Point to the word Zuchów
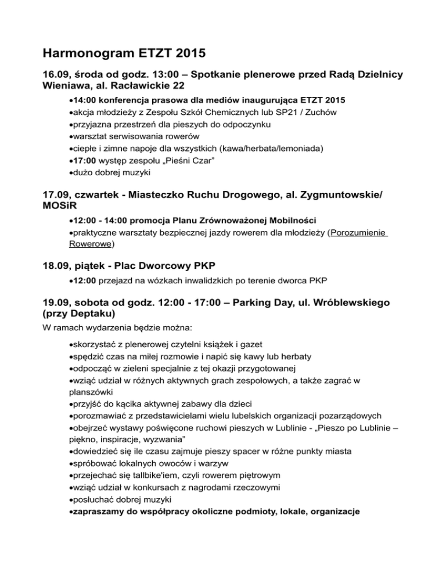[x=329, y=112]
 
